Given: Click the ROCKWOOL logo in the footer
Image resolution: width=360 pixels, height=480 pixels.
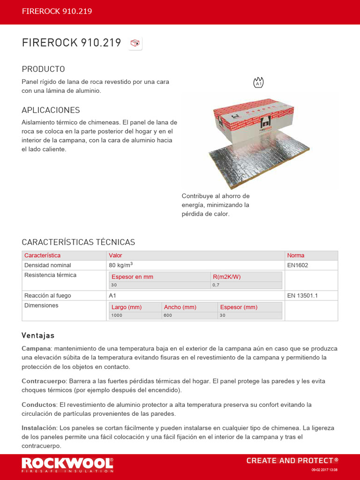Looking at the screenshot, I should tap(67, 464).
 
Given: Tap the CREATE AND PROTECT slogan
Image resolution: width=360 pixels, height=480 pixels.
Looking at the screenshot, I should tap(292, 461).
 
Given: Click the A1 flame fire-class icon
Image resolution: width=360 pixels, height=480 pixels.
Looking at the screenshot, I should tap(258, 82).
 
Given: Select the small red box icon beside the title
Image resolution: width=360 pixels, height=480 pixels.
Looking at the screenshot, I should tap(135, 44).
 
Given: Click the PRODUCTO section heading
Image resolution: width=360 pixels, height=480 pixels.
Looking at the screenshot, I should tap(43, 69).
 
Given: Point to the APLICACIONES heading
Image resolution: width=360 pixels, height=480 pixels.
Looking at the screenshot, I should tap(51, 110).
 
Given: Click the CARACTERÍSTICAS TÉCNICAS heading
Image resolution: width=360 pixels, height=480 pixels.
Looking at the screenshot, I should tap(78, 242).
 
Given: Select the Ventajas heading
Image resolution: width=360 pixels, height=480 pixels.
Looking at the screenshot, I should tap(38, 336).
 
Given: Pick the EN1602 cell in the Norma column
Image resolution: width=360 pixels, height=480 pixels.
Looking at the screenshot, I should tap(298, 265).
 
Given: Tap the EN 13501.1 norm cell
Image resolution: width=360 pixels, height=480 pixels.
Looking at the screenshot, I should tap(302, 296).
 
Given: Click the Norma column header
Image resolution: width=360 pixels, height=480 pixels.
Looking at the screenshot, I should tap(296, 255).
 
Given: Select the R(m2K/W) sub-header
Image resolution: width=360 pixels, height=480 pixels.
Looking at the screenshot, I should tap(226, 277).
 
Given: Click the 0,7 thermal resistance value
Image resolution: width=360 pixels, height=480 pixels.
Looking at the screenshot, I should tap(216, 285).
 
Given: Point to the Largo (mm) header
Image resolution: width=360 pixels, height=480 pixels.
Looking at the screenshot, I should tap(127, 307).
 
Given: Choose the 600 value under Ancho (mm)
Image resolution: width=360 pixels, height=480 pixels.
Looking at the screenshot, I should tap(168, 315).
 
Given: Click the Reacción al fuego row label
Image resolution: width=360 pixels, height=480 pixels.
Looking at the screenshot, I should tap(47, 296).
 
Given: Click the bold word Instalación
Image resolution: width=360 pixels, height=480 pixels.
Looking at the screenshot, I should tap(38, 428).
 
